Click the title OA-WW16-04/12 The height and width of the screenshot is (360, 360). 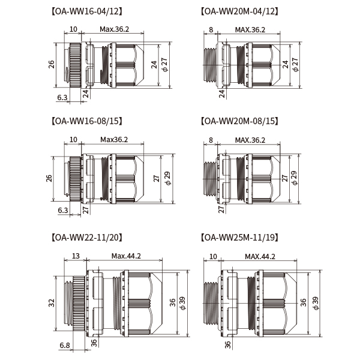click(87, 11)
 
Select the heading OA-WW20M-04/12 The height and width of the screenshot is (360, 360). click(239, 11)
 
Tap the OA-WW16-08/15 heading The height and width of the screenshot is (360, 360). click(87, 121)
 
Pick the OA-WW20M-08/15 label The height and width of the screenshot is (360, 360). click(239, 121)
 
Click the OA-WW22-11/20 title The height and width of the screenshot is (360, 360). click(87, 238)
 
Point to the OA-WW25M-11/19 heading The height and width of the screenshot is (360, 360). click(239, 238)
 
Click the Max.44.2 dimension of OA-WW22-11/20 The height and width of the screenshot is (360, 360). click(126, 256)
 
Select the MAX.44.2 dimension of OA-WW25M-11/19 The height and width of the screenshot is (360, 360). click(260, 256)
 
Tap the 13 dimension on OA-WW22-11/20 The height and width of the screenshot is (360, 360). click(76, 256)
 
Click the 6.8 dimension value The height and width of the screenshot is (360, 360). click(65, 346)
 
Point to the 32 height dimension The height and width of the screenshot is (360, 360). click(52, 303)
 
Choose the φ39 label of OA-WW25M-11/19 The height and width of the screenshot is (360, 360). click(316, 303)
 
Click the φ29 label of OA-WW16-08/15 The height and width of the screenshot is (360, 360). click(168, 178)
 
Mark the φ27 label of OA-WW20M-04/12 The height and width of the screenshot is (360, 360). click(295, 65)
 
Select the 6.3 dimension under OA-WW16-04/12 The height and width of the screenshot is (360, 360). click(62, 97)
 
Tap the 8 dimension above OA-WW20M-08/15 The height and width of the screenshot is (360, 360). click(211, 140)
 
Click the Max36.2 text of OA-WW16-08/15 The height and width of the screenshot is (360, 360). click(114, 139)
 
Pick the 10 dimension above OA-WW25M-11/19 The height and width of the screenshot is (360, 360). click(213, 256)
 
